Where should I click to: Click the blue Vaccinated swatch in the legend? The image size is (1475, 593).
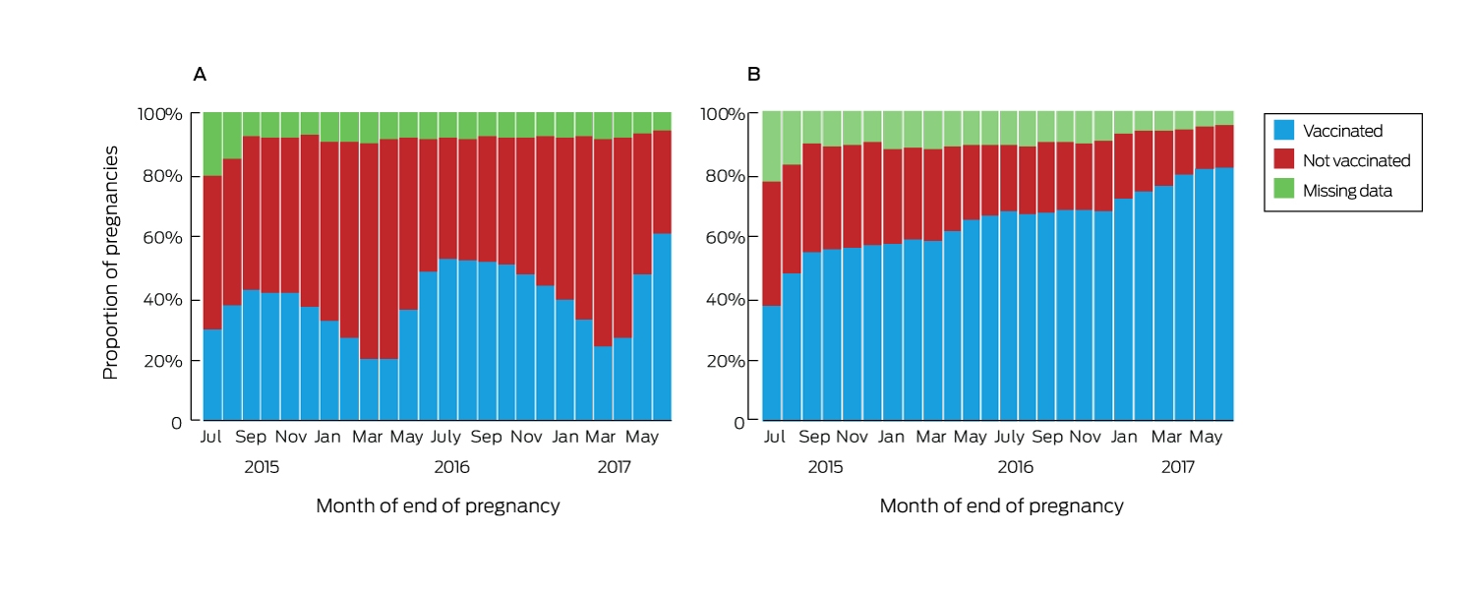click(x=1283, y=130)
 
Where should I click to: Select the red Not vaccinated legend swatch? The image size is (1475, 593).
click(x=1283, y=158)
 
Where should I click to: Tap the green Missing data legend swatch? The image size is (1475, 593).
click(x=1283, y=189)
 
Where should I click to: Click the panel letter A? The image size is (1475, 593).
click(x=200, y=75)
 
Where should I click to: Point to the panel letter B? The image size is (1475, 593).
click(x=754, y=75)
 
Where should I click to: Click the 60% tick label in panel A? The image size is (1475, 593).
click(x=162, y=237)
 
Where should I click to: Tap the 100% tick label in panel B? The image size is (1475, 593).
click(x=723, y=114)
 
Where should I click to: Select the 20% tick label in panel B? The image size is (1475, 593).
click(x=726, y=361)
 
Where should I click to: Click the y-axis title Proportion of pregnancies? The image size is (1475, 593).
click(x=110, y=263)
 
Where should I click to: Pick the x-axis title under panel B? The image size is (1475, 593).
click(x=1002, y=506)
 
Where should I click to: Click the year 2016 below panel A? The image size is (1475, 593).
click(x=451, y=467)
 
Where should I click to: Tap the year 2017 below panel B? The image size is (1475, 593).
click(x=1177, y=467)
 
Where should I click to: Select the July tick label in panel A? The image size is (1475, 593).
click(x=445, y=437)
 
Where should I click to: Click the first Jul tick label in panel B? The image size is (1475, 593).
click(x=775, y=437)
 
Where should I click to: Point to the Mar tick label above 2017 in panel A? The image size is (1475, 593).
click(x=601, y=437)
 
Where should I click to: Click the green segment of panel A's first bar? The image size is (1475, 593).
click(x=212, y=145)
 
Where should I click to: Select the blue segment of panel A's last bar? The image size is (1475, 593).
click(x=662, y=326)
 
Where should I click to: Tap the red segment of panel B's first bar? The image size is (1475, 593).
click(x=772, y=244)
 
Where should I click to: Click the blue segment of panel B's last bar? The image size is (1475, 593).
click(x=1224, y=294)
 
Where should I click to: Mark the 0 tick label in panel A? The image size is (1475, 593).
click(x=176, y=423)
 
